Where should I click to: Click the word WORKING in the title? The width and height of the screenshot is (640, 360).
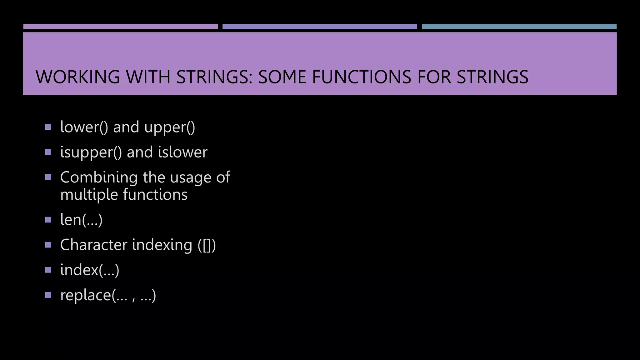click(78, 77)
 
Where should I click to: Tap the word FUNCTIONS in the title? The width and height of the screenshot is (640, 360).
click(362, 77)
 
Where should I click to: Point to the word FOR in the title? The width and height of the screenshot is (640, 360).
click(434, 77)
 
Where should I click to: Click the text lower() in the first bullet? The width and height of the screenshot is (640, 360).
click(84, 127)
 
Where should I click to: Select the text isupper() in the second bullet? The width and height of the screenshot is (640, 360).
click(91, 152)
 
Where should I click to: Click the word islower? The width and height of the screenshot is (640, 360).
click(182, 152)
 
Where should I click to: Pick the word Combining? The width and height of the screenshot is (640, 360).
click(99, 177)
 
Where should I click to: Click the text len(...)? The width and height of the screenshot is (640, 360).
click(81, 220)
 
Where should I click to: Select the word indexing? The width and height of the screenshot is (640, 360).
click(162, 245)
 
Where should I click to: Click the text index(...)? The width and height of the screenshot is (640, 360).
click(90, 270)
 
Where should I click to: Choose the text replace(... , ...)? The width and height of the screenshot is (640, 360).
click(108, 295)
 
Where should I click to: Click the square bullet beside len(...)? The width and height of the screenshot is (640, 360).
click(48, 220)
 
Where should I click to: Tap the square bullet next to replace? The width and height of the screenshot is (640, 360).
click(48, 295)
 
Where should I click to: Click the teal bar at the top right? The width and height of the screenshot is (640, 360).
click(519, 27)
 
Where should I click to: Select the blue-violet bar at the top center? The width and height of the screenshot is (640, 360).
click(320, 27)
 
